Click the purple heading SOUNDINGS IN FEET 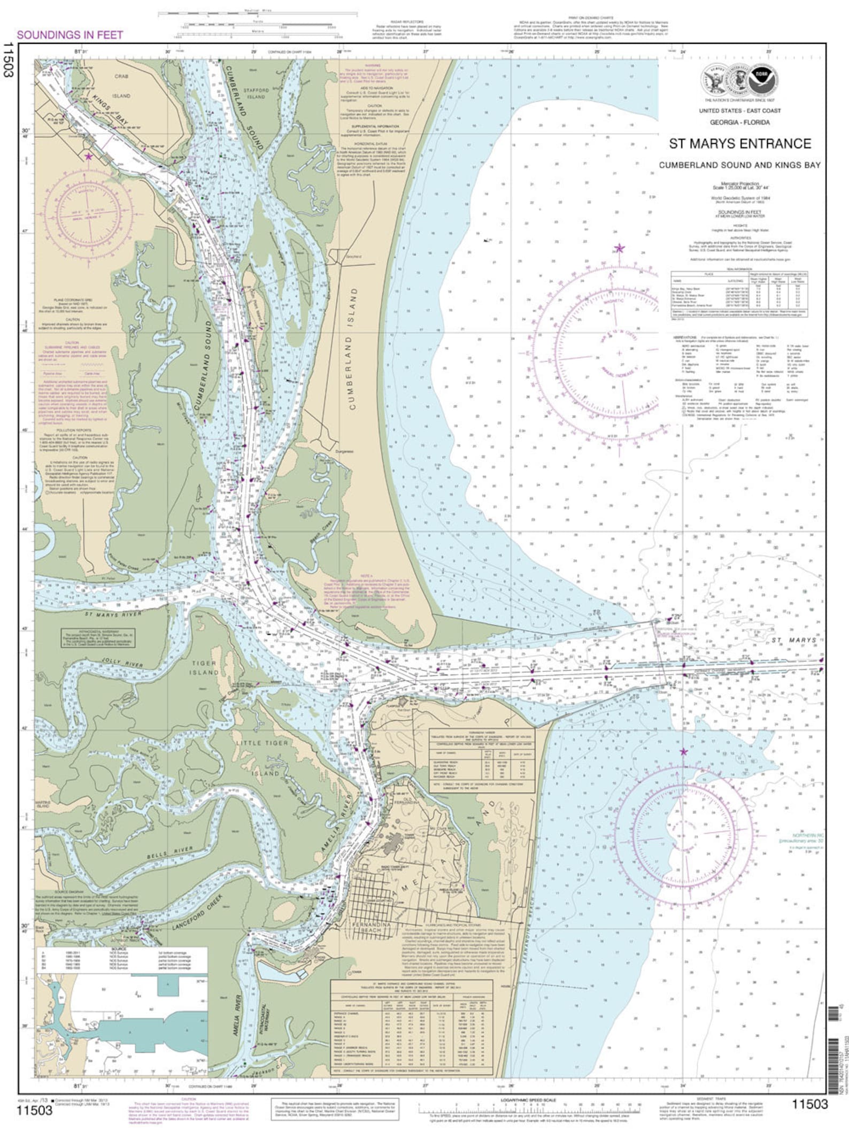coord(70,35)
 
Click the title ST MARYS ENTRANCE coord(740,144)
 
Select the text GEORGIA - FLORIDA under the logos coord(740,122)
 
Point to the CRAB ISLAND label coord(121,86)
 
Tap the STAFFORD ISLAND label coord(256,94)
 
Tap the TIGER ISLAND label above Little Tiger coord(205,667)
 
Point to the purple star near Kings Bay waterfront coord(89,156)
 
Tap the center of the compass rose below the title coord(619,353)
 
